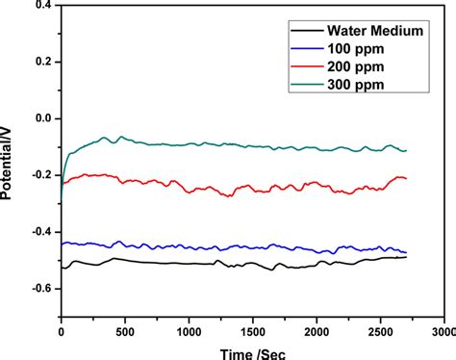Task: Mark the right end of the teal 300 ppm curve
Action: pos(406,150)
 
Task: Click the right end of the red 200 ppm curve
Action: pos(406,178)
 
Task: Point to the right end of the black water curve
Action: pos(406,257)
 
